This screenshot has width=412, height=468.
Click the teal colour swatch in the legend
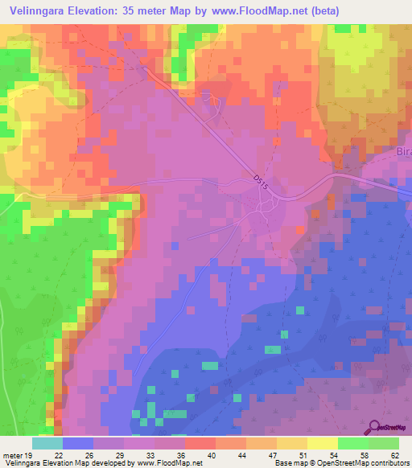[x=47, y=443]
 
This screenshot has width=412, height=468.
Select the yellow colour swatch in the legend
[x=322, y=443]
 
